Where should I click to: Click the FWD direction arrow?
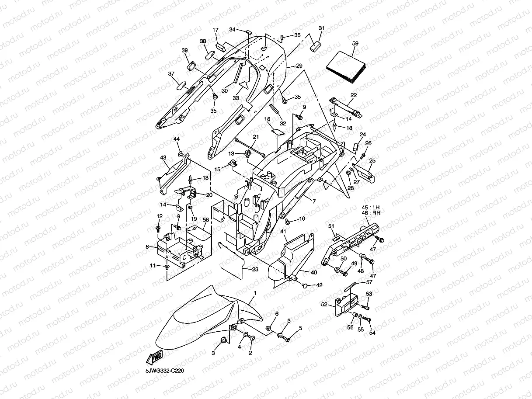[154, 357]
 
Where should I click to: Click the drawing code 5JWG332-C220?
[164, 371]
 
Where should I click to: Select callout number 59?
[355, 43]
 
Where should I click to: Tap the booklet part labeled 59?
[346, 67]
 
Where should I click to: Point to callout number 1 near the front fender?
[255, 293]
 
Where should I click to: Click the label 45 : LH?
[371, 208]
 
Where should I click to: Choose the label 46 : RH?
[371, 213]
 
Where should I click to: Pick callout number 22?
[354, 95]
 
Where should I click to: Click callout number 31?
[322, 28]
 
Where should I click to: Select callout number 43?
[163, 157]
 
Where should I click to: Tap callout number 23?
[255, 269]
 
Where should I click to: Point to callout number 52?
[324, 305]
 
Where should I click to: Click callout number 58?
[206, 220]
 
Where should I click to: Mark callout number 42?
[319, 285]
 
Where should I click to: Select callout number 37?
[171, 73]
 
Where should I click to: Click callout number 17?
[216, 30]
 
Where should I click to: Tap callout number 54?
[372, 333]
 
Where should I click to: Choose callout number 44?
[177, 139]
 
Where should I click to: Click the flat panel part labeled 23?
[231, 260]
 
